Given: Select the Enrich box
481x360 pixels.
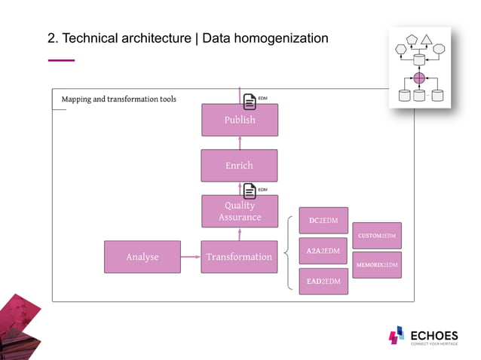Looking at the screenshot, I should [239, 166].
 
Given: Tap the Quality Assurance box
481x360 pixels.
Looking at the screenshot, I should [239, 211].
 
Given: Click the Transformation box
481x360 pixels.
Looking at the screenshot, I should [239, 257].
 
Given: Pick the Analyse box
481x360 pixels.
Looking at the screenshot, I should [142, 257].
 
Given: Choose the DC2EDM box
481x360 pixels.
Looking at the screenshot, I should [323, 221].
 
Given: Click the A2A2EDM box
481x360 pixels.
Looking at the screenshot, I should [323, 251].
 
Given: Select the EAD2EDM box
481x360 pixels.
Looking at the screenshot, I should [323, 281].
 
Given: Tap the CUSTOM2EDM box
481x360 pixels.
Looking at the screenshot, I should [377, 236].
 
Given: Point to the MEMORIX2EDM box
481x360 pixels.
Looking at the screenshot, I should [377, 265].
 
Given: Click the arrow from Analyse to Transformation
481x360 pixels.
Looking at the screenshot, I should [191, 257].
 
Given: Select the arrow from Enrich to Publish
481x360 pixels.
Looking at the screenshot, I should [239, 143].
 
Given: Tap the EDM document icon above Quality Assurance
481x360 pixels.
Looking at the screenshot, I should [250, 189].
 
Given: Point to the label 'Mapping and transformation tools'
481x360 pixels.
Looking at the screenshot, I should [119, 99].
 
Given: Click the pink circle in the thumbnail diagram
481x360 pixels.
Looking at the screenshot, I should [419, 78].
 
